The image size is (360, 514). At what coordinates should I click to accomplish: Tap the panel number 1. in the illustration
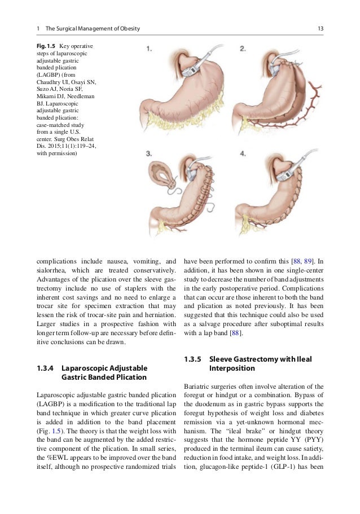coord(149,49)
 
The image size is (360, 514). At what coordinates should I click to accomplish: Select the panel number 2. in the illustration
coord(242,49)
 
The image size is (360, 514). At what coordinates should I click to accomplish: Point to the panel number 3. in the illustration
coord(149,153)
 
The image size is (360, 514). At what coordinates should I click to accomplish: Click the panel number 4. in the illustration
coord(242,153)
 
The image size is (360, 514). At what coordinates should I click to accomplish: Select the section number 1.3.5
coord(194,359)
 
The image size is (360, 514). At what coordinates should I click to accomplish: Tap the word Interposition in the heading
coord(232,368)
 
